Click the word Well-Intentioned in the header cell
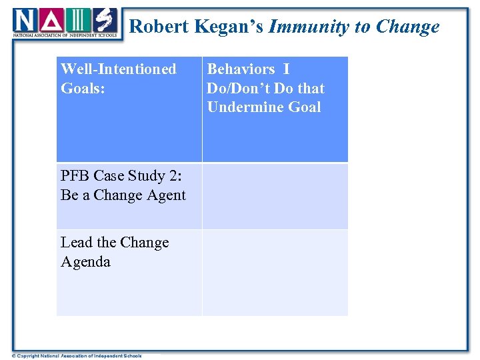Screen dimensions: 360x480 (119, 69)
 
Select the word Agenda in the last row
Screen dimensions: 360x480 (85, 262)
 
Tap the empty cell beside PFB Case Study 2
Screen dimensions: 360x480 (275, 197)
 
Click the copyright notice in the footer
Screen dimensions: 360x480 (77, 356)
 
